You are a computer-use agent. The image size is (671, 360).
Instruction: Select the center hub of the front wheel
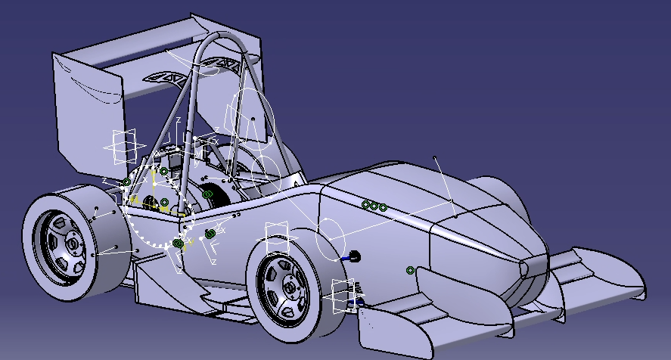tap(290, 288)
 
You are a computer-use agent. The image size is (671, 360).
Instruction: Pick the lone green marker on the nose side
tap(410, 270)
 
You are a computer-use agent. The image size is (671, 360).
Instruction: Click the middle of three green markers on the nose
tap(374, 206)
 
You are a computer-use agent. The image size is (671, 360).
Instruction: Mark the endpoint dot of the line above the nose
tap(435, 158)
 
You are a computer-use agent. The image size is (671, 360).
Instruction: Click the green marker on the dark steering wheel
tap(207, 195)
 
